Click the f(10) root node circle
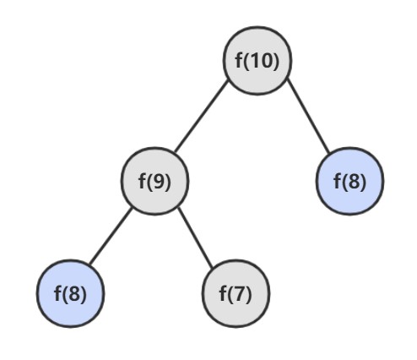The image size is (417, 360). (x=257, y=61)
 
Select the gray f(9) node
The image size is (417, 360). (x=154, y=181)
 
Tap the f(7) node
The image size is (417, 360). (x=236, y=293)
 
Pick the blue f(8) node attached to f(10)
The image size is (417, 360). (x=349, y=181)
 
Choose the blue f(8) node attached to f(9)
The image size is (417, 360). (x=70, y=293)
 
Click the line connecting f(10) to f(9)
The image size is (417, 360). (x=201, y=116)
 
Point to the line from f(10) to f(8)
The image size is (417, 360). (x=308, y=117)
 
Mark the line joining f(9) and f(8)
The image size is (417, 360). (x=111, y=236)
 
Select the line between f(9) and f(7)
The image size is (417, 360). (x=195, y=237)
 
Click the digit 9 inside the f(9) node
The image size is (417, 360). (x=158, y=181)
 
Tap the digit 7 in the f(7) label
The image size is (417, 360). (x=239, y=293)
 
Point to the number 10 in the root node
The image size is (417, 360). (x=261, y=61)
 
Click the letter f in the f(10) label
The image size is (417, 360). (x=239, y=60)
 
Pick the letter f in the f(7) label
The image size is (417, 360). (x=223, y=293)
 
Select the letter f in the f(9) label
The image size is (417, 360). (x=142, y=181)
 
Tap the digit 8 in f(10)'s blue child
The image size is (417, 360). (x=354, y=181)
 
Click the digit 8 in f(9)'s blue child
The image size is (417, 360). (x=74, y=293)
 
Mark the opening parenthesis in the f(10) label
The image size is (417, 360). (x=246, y=61)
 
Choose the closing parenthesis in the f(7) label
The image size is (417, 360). (x=248, y=294)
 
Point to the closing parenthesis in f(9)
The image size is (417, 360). (x=167, y=182)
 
